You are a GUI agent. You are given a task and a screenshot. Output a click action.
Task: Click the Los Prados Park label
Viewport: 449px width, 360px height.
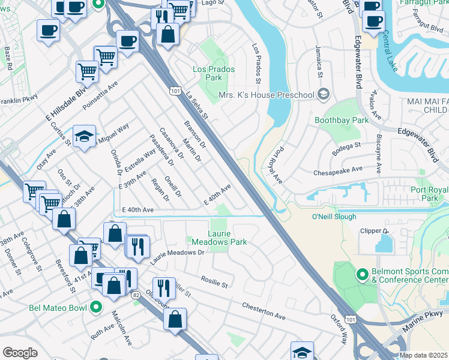(x=214, y=73)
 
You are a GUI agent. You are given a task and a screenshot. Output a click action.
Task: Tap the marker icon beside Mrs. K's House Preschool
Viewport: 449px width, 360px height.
(x=324, y=94)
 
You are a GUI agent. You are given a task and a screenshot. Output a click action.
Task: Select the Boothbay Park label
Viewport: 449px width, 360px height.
(x=341, y=120)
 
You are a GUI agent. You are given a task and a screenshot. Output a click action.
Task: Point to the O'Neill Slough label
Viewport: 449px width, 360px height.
(x=334, y=217)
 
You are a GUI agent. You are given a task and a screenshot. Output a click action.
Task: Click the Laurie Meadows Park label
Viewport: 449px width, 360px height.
(x=219, y=237)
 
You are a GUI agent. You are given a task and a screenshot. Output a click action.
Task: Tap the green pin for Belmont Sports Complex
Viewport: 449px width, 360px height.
(x=361, y=275)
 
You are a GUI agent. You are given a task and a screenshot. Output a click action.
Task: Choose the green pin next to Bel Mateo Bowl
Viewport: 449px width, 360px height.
(x=96, y=308)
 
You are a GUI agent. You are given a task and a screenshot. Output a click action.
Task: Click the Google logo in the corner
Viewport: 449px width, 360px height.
(x=20, y=353)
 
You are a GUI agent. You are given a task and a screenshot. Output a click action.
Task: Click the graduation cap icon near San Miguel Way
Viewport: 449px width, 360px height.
(x=85, y=136)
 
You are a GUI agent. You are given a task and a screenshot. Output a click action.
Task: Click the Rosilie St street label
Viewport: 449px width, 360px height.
(x=214, y=281)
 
